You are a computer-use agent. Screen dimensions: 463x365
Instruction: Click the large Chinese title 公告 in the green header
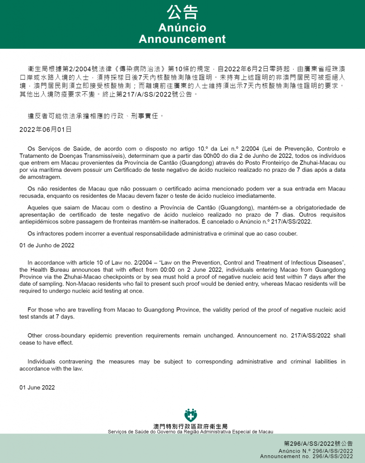182,12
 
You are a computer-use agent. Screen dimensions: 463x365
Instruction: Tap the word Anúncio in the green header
182,28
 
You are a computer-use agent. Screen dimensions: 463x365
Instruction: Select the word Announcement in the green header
182,39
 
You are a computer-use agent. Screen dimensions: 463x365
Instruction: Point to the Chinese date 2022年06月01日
45,129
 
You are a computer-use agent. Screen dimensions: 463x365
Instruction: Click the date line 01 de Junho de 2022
47,245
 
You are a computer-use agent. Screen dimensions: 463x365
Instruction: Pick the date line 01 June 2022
37,387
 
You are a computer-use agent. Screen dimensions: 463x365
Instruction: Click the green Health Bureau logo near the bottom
191,415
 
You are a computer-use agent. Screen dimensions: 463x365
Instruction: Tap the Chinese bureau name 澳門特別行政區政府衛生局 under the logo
190,426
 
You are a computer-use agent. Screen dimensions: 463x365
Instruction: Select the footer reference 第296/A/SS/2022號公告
318,444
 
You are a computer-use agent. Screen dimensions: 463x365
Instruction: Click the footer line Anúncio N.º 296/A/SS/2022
316,451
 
